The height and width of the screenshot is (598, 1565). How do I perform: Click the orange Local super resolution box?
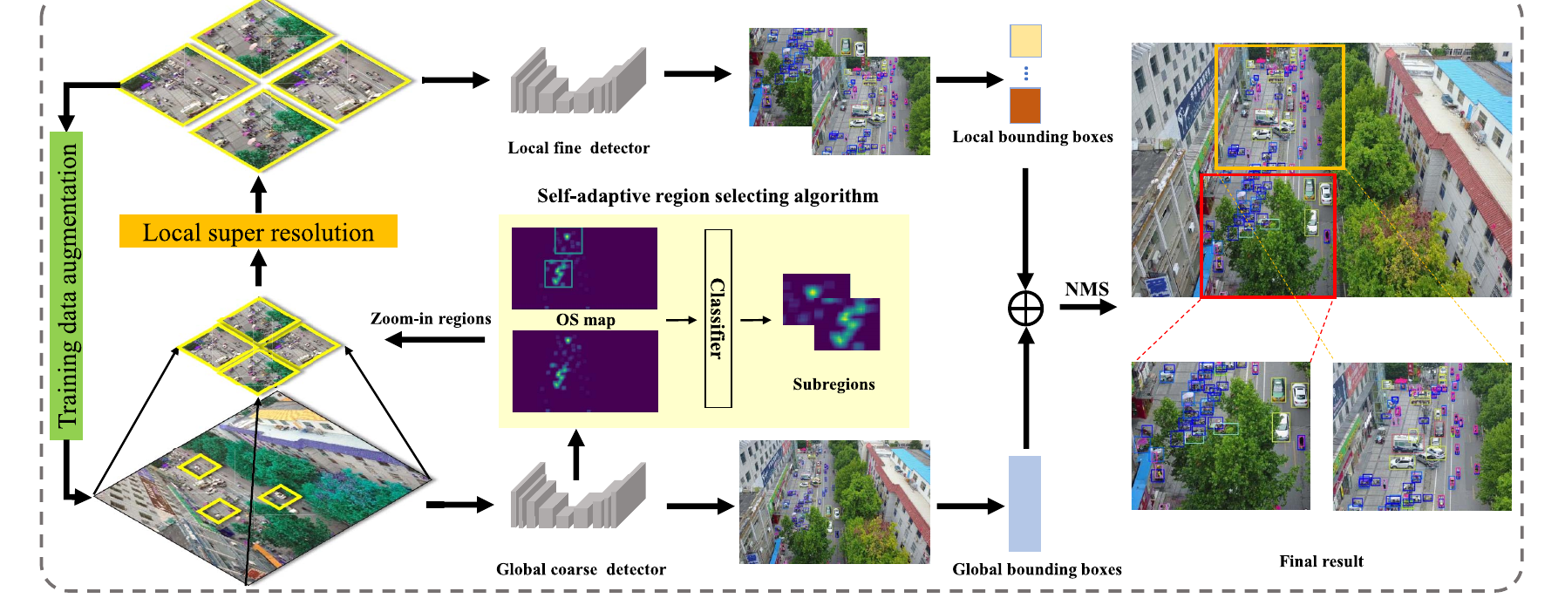[258, 231]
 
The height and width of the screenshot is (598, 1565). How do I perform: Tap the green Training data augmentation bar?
[67, 286]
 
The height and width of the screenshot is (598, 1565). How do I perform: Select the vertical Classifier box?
[718, 318]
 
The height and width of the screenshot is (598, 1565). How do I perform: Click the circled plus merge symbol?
[1025, 308]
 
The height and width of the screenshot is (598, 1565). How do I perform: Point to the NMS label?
[1086, 289]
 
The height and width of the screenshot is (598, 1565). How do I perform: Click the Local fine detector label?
[579, 148]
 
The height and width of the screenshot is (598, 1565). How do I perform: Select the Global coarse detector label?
[581, 569]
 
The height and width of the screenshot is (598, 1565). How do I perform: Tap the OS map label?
[586, 320]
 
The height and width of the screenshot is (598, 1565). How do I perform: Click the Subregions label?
[834, 384]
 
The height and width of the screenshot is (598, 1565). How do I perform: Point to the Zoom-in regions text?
[431, 319]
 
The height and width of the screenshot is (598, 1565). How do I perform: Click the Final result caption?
[1321, 561]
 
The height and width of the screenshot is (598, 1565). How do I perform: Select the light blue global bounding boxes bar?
[1024, 504]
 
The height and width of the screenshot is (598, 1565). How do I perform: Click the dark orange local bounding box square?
[1025, 105]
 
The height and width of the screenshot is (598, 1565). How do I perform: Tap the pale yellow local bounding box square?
[1025, 41]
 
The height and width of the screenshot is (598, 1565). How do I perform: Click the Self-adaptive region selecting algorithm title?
[708, 196]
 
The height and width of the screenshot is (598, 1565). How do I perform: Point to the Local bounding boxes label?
[1032, 137]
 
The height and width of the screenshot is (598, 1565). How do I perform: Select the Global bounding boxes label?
[1037, 569]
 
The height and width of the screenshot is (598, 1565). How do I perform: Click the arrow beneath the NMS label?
[1088, 307]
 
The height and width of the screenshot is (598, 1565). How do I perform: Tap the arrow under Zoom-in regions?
[434, 339]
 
